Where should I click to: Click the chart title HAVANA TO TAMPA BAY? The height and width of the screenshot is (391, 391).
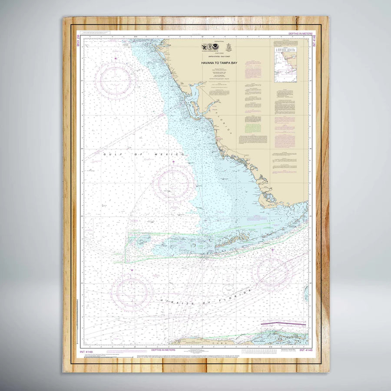tap(219, 63)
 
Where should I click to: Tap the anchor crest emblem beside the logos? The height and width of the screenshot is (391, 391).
tap(229, 48)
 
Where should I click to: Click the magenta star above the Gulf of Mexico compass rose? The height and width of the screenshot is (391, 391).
tap(173, 162)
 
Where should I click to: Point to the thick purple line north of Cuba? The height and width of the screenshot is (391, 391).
tap(283, 324)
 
